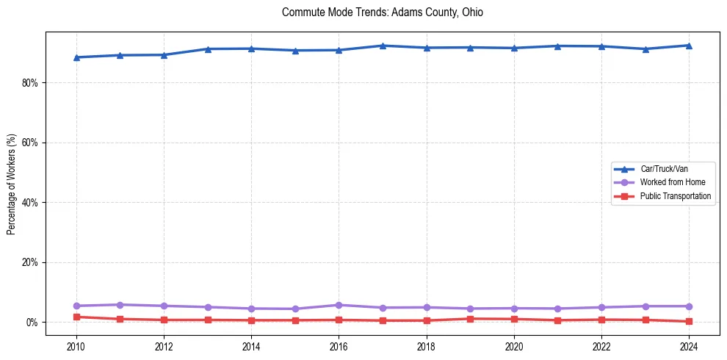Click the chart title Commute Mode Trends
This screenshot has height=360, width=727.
[382, 12]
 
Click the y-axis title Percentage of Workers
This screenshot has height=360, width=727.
[11, 184]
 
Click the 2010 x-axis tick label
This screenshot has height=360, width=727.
[76, 345]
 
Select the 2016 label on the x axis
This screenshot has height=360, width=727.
[339, 345]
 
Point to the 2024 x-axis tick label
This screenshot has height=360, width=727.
[689, 345]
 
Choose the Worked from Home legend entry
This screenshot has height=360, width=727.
[672, 182]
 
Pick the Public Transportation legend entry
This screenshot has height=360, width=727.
[675, 196]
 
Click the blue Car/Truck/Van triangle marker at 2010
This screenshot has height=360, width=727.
[76, 57]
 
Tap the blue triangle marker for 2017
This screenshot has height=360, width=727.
[383, 46]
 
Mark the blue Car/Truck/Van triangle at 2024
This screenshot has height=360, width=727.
[689, 46]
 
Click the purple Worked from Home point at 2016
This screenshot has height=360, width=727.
[339, 305]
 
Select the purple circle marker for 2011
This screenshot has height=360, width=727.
[120, 305]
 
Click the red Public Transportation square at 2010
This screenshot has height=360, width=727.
[76, 317]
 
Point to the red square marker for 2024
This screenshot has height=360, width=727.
[689, 321]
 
